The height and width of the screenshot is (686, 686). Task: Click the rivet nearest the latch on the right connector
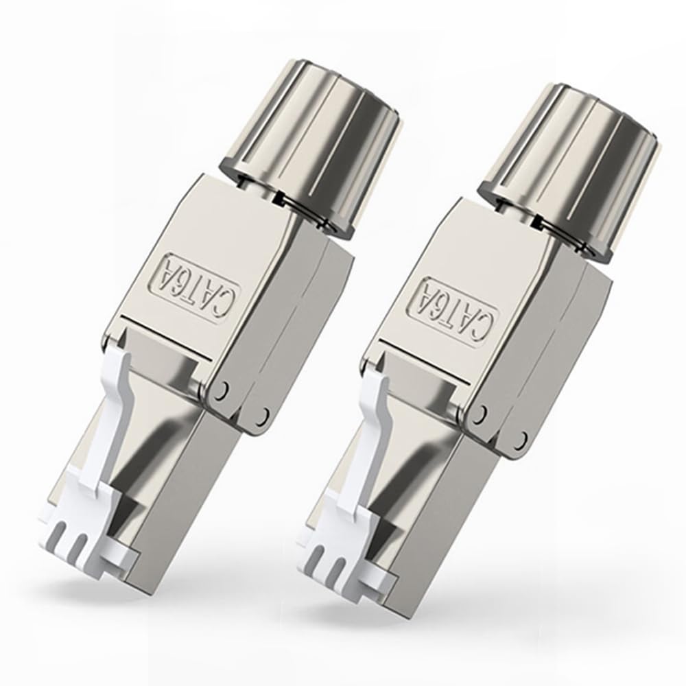(x=482, y=412)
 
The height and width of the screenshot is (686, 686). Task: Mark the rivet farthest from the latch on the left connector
(x=265, y=414)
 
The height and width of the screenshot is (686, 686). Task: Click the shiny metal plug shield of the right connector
(x=425, y=494)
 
